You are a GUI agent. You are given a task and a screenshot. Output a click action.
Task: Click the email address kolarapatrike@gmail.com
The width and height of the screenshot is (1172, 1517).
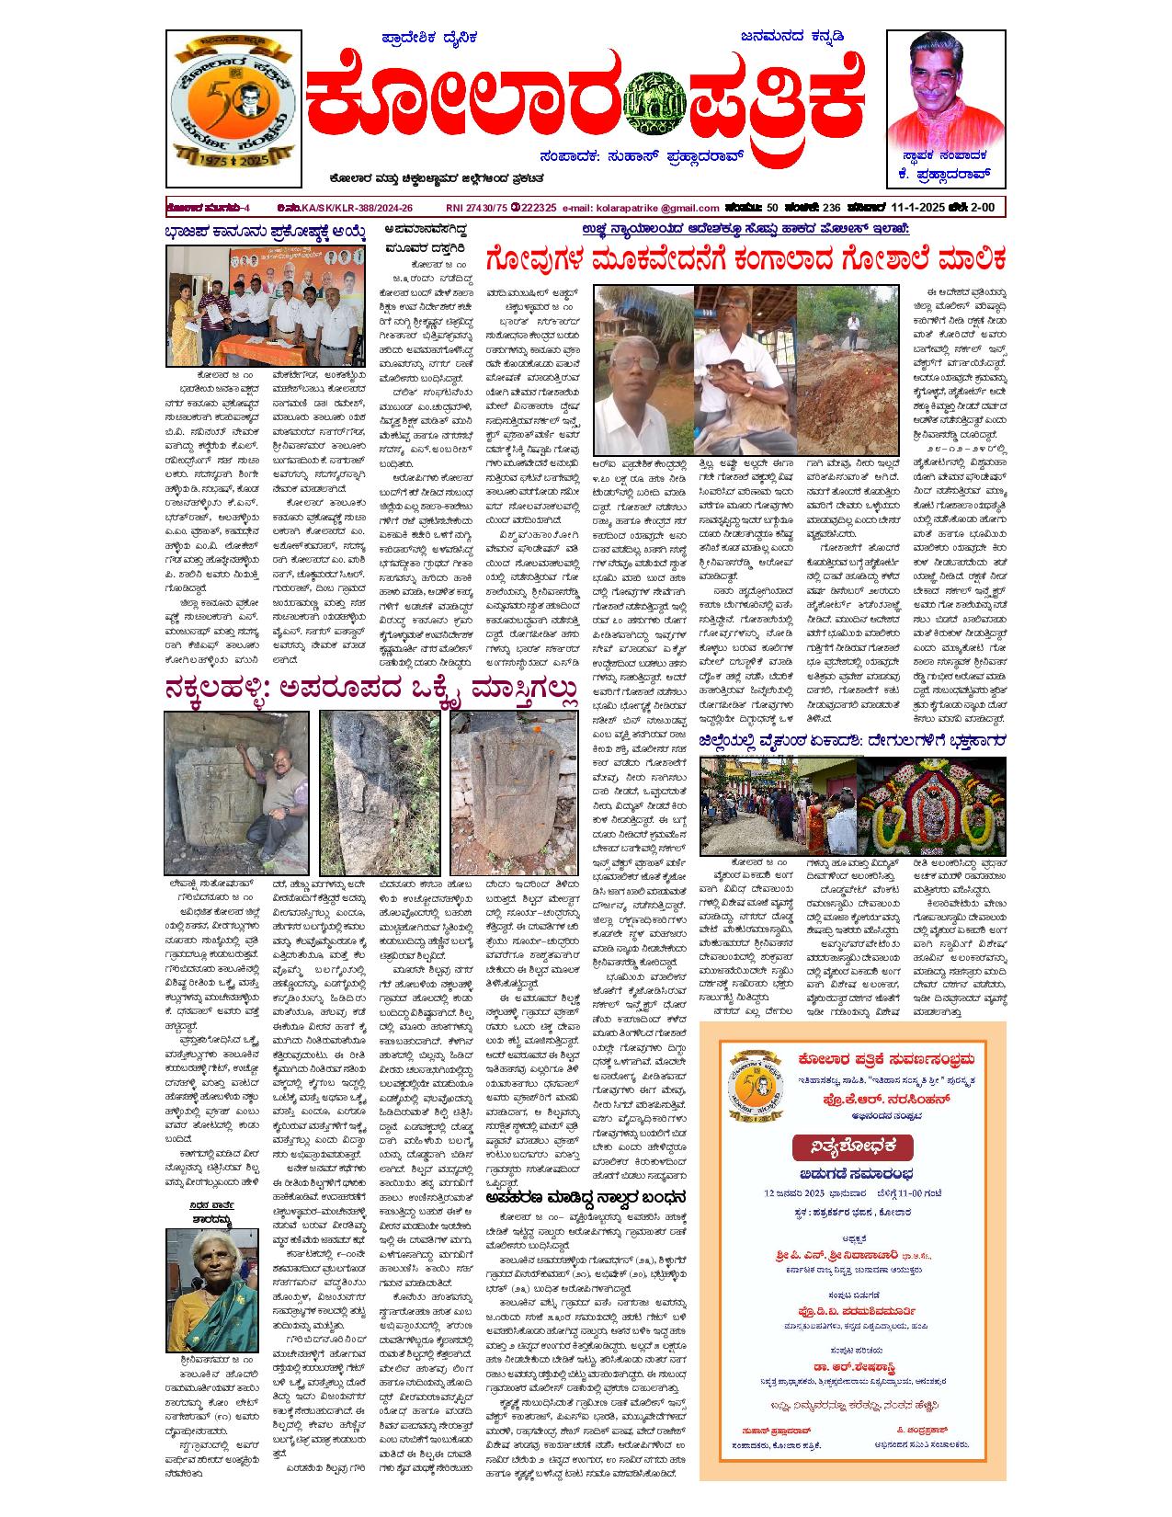[x=641, y=209]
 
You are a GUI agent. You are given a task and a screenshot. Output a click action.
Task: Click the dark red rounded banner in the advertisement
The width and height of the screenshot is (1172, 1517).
[x=852, y=1146]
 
